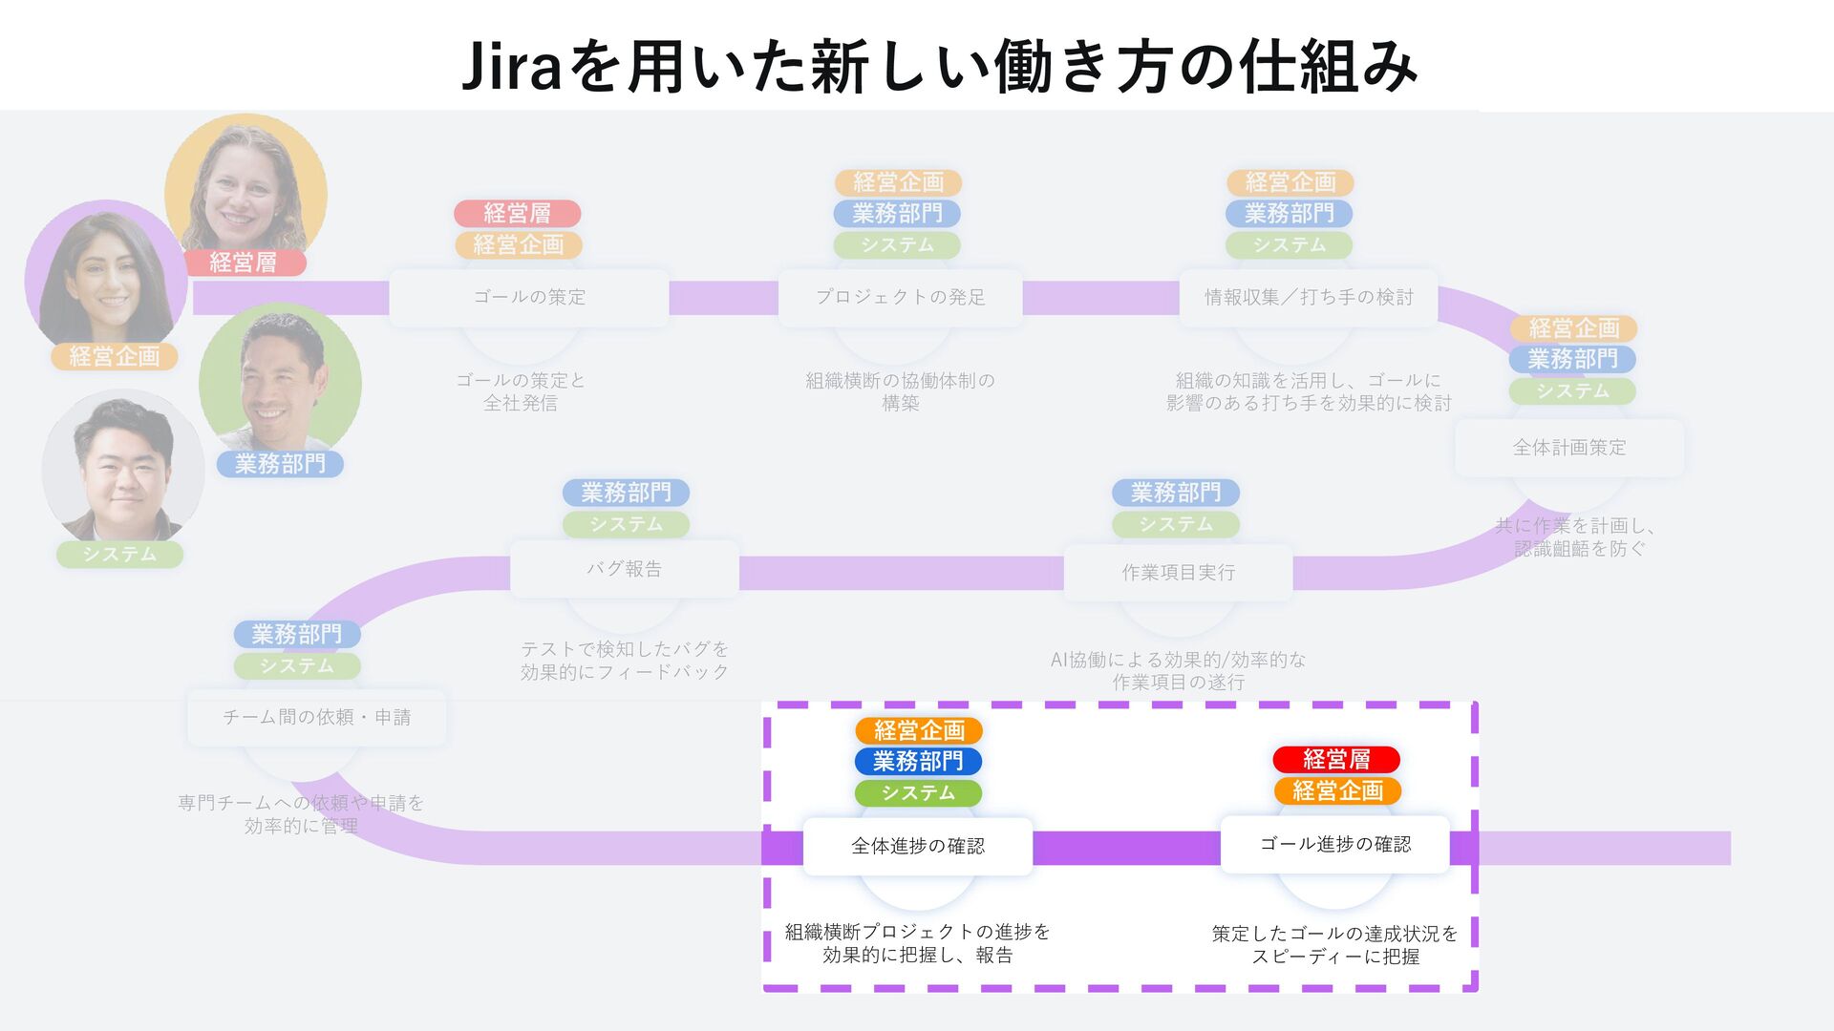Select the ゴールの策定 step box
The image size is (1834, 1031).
click(x=529, y=298)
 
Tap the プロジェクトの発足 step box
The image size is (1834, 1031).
click(x=900, y=298)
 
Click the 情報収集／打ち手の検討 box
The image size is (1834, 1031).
click(x=1308, y=298)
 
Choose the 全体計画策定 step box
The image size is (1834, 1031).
click(x=1568, y=448)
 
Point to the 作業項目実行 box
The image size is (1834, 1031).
click(x=1178, y=573)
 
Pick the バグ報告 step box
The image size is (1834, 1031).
click(x=624, y=570)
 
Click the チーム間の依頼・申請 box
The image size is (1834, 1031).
click(x=316, y=717)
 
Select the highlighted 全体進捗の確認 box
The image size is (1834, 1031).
click(x=917, y=846)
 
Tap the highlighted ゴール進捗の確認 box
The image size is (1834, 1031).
click(x=1334, y=844)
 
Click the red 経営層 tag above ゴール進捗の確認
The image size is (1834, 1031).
click(x=1335, y=760)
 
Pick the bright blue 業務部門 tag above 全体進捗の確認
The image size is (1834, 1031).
click(x=918, y=762)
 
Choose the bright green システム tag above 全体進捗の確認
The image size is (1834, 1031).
click(x=918, y=793)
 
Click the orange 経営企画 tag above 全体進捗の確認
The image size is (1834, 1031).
click(x=918, y=731)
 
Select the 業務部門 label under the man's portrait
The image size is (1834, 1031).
click(x=280, y=465)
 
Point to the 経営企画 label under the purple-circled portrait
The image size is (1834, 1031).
click(x=115, y=357)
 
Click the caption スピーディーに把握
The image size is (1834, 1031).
click(x=1334, y=957)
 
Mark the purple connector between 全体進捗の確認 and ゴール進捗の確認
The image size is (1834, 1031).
click(x=1126, y=848)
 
